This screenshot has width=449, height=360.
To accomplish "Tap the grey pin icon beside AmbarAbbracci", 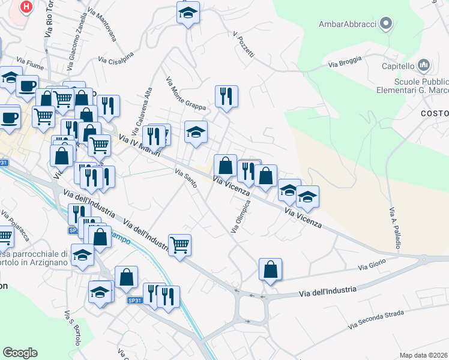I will coord(387,24).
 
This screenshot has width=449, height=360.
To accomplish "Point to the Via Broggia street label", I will coord(345,61).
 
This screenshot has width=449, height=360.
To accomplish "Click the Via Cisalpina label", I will coord(116,60).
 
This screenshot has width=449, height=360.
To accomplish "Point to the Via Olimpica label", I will coord(240,217).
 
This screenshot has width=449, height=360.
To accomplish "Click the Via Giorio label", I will coord(372,266).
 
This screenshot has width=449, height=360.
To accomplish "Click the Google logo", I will coord(20,353).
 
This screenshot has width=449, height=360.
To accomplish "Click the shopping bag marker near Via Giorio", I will coord(271,269).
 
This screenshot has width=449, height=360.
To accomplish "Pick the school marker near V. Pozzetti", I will coord(188,12).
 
